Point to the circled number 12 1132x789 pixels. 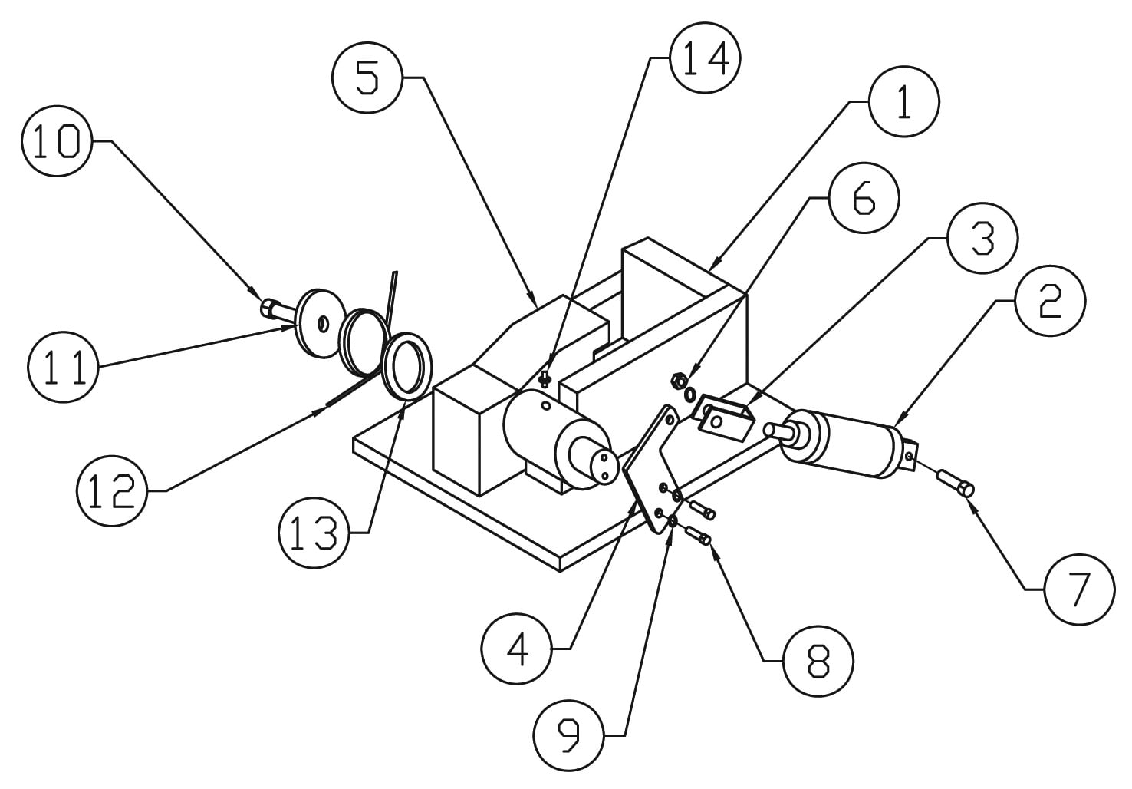[112, 491]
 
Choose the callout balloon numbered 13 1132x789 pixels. [314, 532]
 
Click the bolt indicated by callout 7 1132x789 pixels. [956, 484]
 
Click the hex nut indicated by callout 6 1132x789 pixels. [678, 378]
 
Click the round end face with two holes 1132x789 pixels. [601, 466]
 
